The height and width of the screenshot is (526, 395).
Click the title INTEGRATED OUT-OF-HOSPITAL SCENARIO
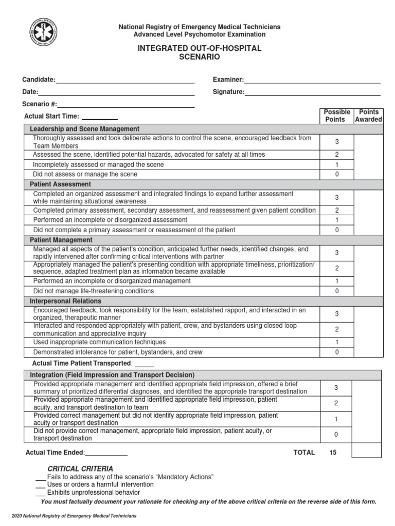coord(199,53)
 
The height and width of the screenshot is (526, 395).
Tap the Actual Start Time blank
coord(100,118)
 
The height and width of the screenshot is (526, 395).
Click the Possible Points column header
coord(337,116)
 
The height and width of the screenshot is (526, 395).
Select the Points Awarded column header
coord(369,116)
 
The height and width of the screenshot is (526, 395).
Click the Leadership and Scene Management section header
coord(84,129)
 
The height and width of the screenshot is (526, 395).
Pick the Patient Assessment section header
coord(60,184)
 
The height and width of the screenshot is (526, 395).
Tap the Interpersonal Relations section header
coord(65,301)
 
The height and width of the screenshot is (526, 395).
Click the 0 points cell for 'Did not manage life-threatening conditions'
coord(337,291)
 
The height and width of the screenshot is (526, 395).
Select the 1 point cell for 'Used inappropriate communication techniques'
coord(337,342)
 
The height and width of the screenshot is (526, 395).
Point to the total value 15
coord(333,453)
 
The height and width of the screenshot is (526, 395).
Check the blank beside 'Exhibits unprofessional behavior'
coord(40,493)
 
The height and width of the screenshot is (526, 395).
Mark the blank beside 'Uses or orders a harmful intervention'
coord(40,485)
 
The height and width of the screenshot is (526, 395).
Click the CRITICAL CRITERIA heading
coord(80,468)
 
